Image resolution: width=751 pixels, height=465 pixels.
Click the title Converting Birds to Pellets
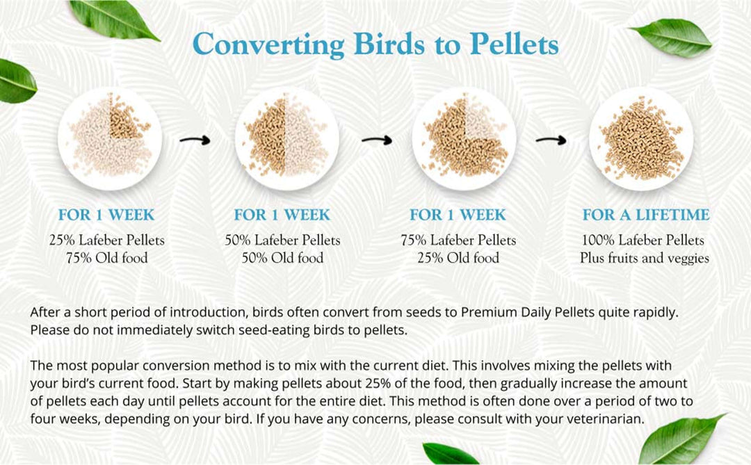point(375,44)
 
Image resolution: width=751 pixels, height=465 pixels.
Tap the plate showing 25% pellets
point(110,138)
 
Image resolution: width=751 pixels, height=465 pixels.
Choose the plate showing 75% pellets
point(464,138)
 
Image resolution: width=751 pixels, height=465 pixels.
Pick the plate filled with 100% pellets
point(641,138)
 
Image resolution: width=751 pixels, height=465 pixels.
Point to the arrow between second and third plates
point(376,140)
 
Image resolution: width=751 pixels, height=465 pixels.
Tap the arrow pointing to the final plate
point(551,140)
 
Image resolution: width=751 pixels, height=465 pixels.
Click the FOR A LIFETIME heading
point(646,215)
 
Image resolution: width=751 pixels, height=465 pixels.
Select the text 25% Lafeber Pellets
point(107,240)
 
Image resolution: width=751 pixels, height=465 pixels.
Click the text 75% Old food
point(107,259)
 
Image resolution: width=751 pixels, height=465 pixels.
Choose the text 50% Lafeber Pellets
point(282,240)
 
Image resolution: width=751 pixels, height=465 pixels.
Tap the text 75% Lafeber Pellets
point(458,240)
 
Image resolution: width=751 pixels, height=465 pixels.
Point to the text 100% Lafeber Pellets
point(643,240)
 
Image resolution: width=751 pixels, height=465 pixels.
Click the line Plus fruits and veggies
point(645,259)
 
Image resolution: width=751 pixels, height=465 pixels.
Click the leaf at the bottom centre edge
point(449,454)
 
